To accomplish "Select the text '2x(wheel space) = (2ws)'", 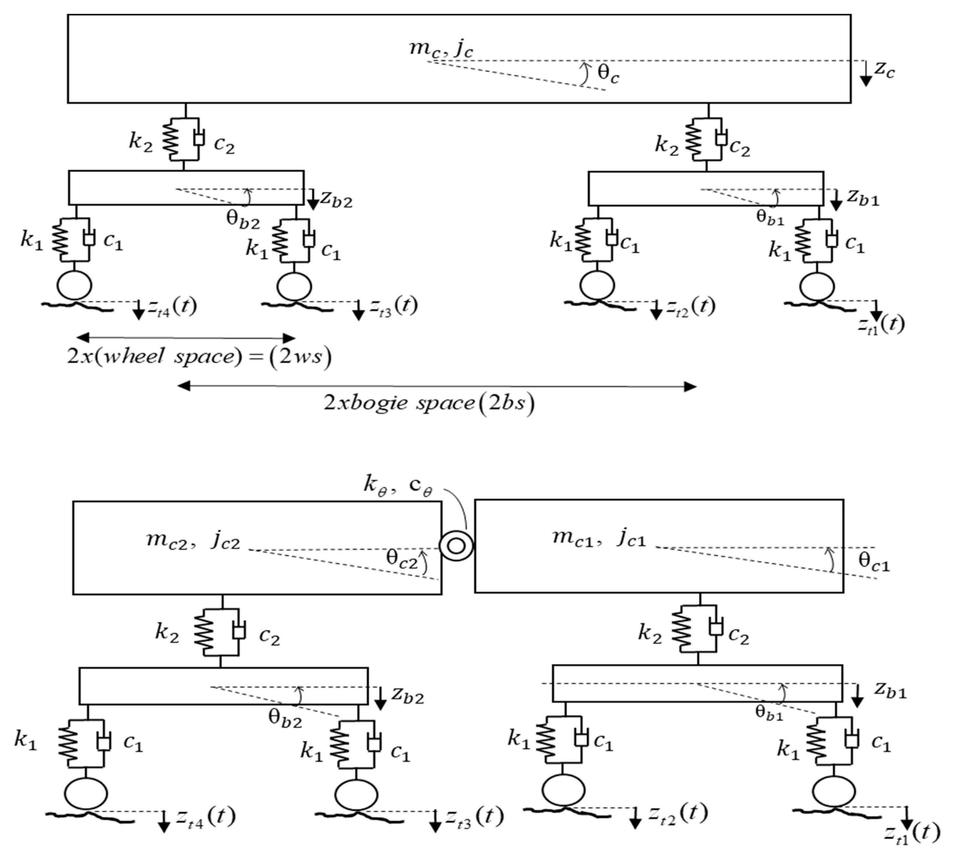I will [199, 356].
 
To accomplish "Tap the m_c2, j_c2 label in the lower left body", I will [193, 540].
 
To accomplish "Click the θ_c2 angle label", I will [402, 559].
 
